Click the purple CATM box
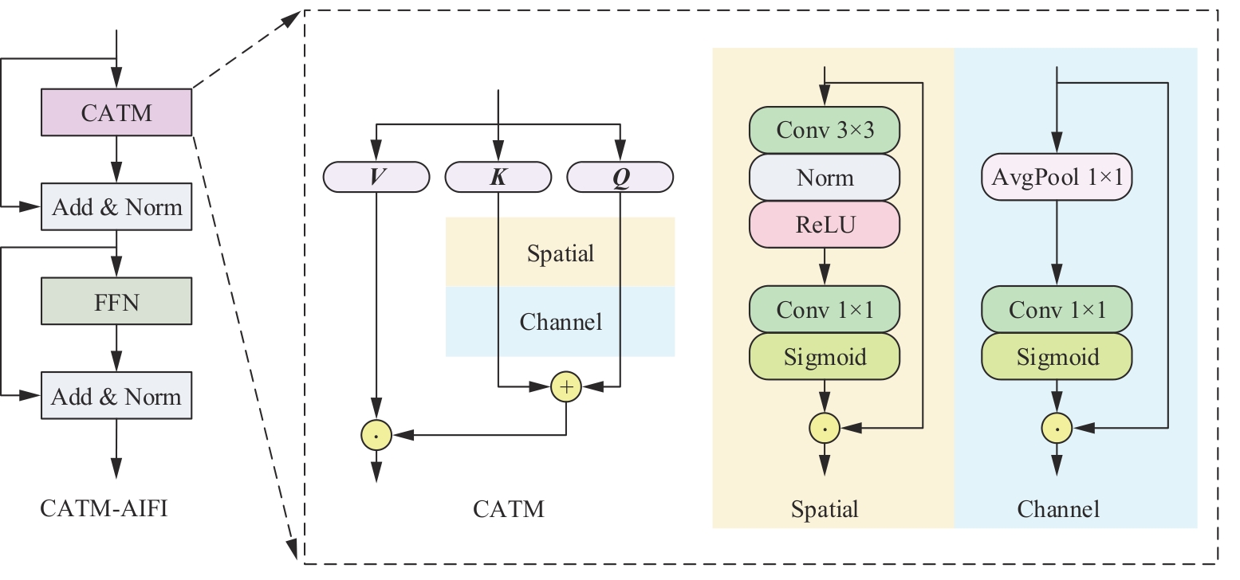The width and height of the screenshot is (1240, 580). click(116, 112)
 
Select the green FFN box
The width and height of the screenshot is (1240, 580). click(116, 301)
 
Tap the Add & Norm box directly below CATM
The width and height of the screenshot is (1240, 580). click(116, 207)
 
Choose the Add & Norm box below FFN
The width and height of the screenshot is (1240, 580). click(116, 396)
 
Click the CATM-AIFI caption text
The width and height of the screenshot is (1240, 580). click(104, 508)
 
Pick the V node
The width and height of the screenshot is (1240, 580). click(376, 177)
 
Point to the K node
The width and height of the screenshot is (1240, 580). click(498, 177)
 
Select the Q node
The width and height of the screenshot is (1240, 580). click(620, 177)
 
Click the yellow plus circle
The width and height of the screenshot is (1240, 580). click(566, 387)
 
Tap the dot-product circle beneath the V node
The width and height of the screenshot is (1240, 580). click(376, 435)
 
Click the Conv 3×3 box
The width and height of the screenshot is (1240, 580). click(825, 130)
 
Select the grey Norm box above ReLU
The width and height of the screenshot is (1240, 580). click(825, 177)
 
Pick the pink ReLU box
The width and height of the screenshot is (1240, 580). click(825, 224)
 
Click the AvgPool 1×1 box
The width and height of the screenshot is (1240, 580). click(1057, 177)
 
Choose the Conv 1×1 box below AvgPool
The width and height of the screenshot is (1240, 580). click(1057, 309)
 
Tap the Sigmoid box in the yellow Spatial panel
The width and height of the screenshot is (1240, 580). click(825, 356)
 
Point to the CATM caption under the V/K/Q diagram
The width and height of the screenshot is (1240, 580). click(509, 508)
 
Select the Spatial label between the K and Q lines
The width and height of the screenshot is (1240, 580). click(561, 253)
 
